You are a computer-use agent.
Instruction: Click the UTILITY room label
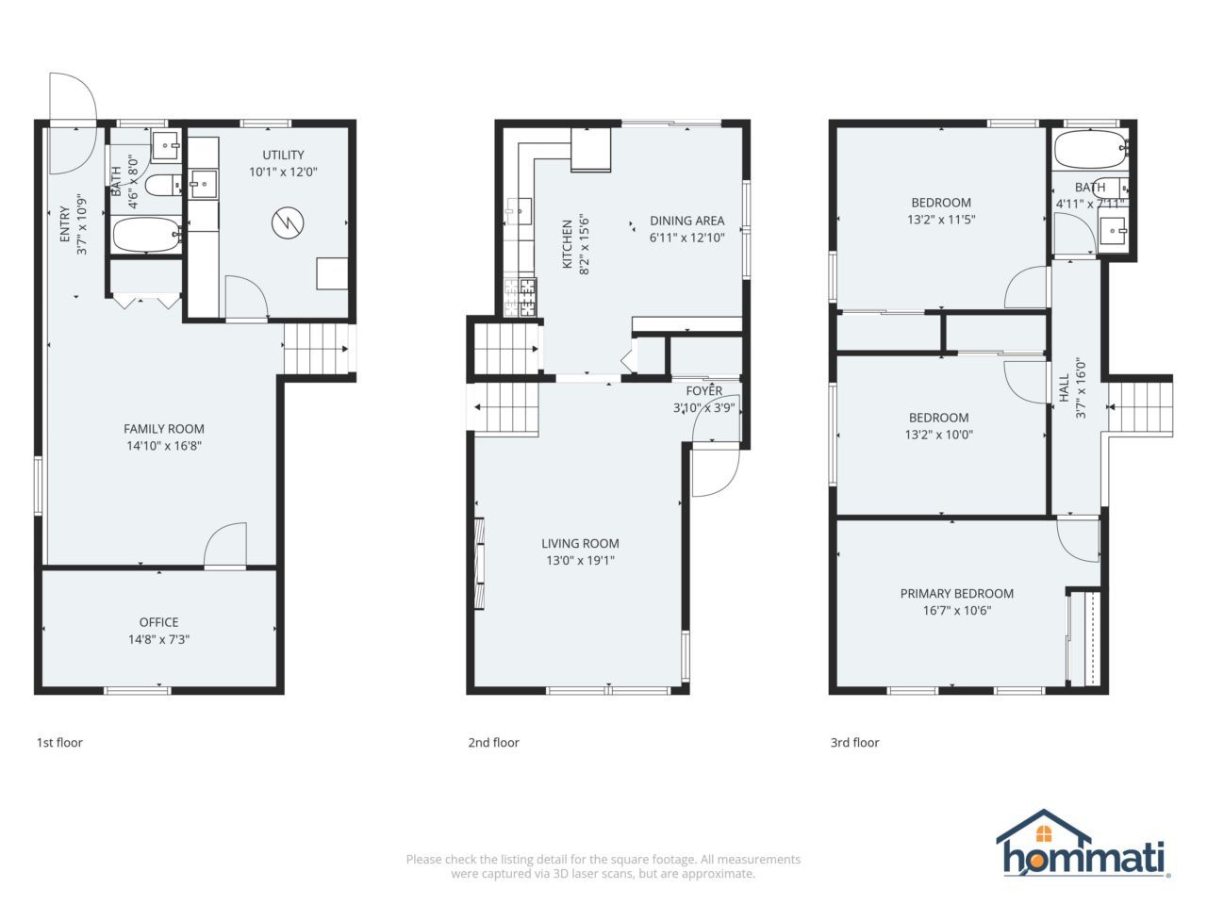click(283, 155)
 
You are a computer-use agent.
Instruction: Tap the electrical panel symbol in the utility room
click(288, 222)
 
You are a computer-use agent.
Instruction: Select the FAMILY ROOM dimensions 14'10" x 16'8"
click(164, 446)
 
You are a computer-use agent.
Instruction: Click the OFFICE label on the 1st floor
click(159, 622)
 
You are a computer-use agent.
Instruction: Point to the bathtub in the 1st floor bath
click(147, 235)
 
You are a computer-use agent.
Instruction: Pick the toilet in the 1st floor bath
click(165, 185)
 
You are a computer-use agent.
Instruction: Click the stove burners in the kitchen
click(521, 297)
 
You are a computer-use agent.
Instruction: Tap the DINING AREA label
click(686, 221)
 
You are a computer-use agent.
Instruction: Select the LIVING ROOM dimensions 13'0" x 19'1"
click(580, 561)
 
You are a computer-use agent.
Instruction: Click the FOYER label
click(703, 390)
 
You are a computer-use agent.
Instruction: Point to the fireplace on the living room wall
click(480, 564)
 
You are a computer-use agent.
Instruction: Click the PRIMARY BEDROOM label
click(957, 594)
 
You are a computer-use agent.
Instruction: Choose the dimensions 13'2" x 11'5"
click(941, 220)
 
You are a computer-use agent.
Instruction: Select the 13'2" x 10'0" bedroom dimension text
click(938, 435)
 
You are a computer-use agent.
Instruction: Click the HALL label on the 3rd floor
click(1065, 388)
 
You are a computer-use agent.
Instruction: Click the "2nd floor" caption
click(493, 742)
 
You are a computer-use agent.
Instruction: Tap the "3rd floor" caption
click(854, 742)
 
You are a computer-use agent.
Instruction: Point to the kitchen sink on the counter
click(519, 211)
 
